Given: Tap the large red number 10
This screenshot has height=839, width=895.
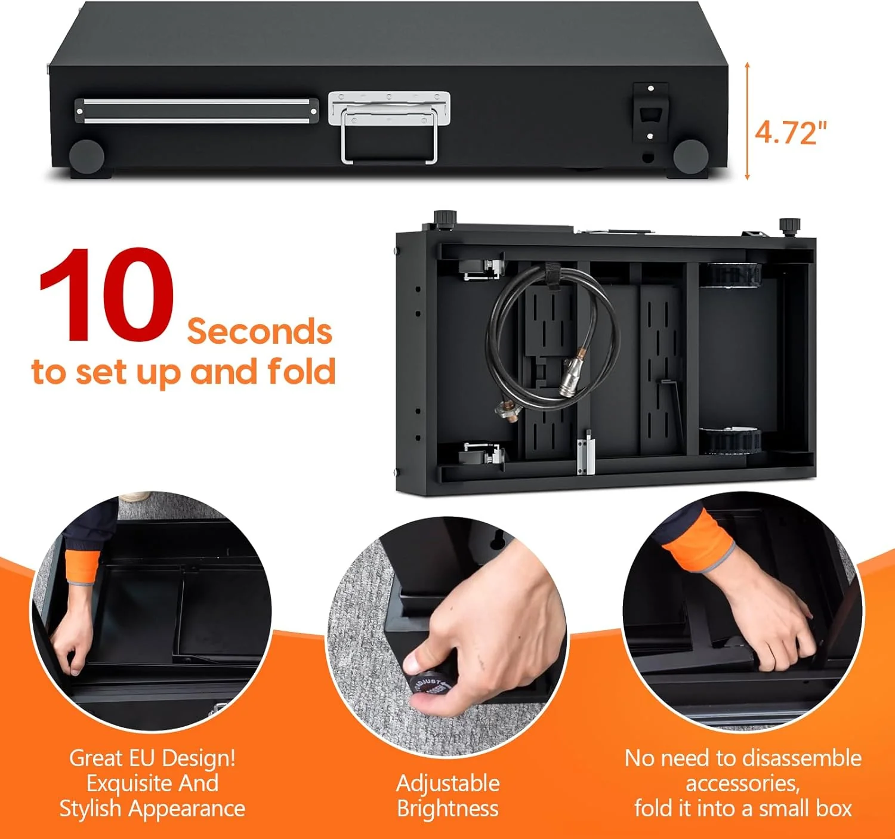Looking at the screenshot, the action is click(106, 294).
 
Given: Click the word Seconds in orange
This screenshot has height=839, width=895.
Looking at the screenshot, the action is click(260, 332).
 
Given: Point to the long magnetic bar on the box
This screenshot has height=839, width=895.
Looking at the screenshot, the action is click(196, 111).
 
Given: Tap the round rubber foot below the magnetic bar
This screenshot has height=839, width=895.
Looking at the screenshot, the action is click(87, 156).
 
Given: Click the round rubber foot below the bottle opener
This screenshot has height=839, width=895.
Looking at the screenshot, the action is click(690, 156).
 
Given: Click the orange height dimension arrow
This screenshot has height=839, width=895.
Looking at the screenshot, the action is click(747, 121).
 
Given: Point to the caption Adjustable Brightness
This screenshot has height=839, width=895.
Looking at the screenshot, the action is click(448, 795).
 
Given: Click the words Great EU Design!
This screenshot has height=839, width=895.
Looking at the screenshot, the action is click(152, 758).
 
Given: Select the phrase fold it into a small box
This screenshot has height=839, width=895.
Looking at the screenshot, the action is click(743, 808).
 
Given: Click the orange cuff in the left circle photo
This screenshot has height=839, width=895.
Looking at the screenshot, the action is click(82, 566).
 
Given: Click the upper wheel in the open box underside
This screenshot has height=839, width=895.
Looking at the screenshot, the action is click(731, 274).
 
